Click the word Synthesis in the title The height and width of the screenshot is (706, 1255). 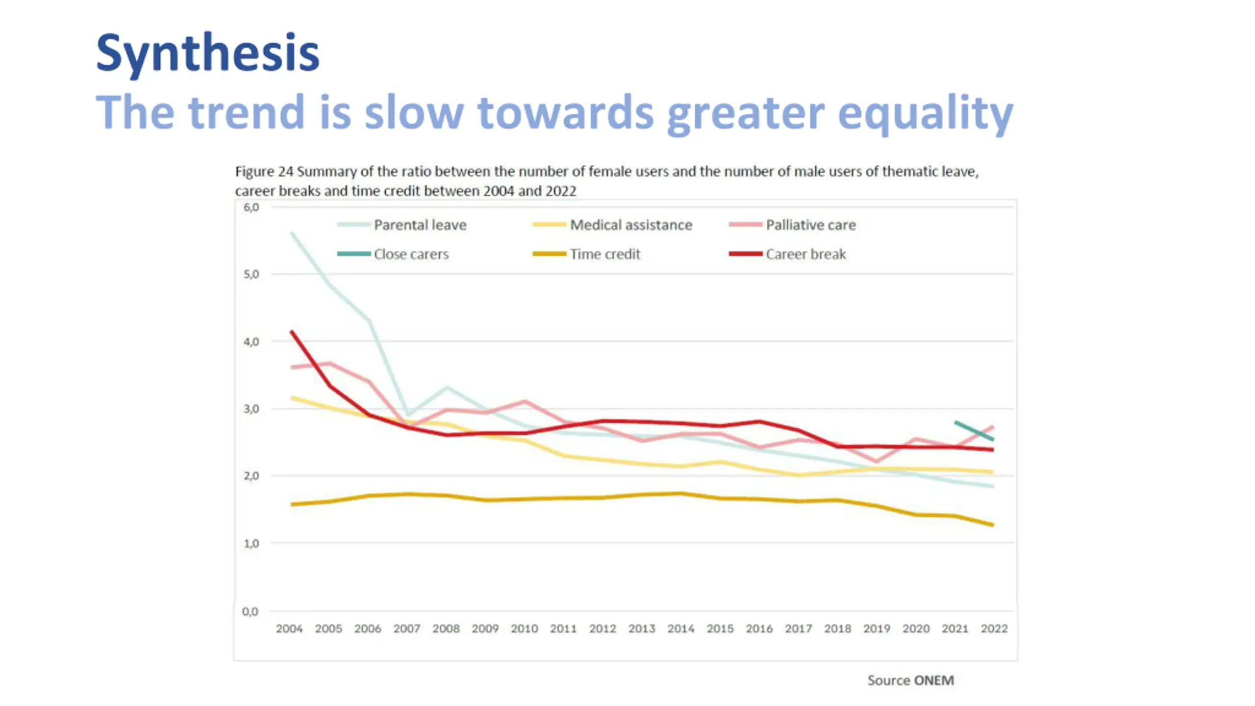coord(207,53)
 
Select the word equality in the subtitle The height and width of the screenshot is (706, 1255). coord(925,113)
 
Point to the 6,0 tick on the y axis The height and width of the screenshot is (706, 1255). coord(251,207)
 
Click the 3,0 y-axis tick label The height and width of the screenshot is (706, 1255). coord(251,409)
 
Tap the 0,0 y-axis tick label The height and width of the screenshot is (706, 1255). coord(250,611)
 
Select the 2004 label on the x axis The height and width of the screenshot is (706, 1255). coord(289,629)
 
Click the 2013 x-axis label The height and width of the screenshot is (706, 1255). coord(642,629)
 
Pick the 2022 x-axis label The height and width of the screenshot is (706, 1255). coord(994,629)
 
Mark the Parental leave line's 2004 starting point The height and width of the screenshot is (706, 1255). coord(292,233)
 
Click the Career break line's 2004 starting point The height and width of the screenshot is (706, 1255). coord(292,332)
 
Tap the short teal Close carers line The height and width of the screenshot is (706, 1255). coord(974,430)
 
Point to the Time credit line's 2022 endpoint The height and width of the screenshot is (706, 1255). coord(993,525)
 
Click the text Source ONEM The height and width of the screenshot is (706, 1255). coord(910,681)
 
